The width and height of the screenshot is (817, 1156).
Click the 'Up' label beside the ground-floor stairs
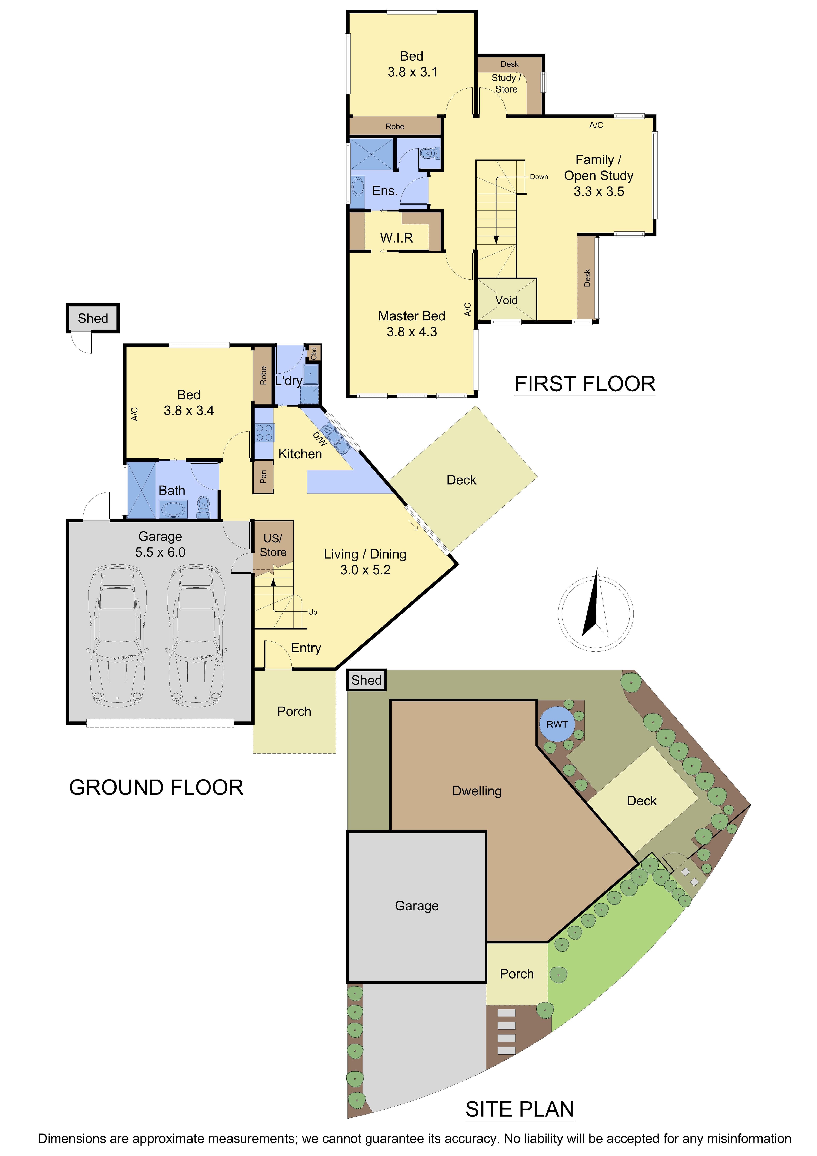[313, 612]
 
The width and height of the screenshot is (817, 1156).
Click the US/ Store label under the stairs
[273, 545]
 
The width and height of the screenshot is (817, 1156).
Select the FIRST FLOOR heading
[585, 384]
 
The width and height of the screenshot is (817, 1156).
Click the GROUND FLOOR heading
[156, 787]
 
